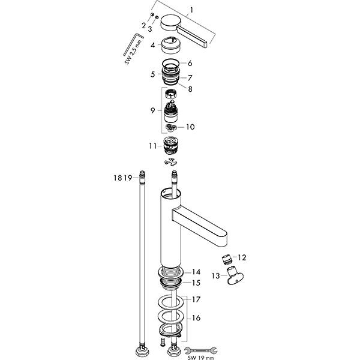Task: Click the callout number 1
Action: tap(191, 10)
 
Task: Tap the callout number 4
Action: tap(152, 45)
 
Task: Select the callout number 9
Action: tap(152, 110)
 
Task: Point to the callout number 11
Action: tap(152, 146)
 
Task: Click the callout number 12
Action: tap(242, 257)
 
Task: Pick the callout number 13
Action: tap(215, 275)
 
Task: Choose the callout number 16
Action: tap(196, 318)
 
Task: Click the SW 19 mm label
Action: tap(200, 358)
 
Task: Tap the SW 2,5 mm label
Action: tap(133, 52)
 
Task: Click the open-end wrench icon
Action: tap(200, 350)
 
